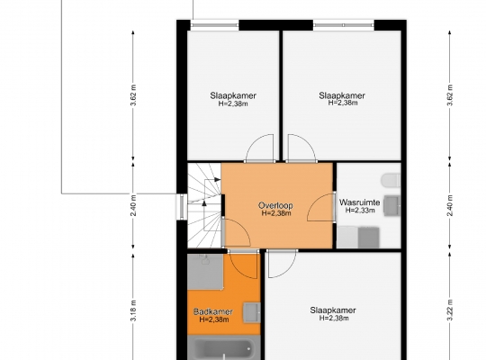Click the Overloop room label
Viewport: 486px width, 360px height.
[x=275, y=205]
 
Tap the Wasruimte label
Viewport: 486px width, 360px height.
[x=359, y=202]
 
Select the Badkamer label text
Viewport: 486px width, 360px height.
[x=213, y=311]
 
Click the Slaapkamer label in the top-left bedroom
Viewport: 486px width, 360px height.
[x=233, y=95]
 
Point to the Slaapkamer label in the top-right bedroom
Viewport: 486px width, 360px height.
[x=342, y=95]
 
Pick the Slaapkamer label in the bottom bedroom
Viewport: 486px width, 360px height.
[x=333, y=310]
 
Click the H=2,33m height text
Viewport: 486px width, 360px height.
[x=360, y=211]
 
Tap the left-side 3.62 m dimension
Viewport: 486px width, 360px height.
[x=133, y=94]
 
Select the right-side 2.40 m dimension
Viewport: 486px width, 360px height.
[x=450, y=205]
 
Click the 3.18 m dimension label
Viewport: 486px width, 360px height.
[x=133, y=310]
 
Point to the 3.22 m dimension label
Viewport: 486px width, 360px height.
[x=450, y=310]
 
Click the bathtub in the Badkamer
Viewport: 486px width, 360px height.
[x=224, y=348]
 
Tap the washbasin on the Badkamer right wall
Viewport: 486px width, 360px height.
[x=252, y=313]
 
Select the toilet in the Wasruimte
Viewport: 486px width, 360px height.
[x=391, y=181]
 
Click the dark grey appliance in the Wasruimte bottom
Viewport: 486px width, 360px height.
[x=368, y=238]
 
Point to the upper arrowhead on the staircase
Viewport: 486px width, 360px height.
[x=218, y=179]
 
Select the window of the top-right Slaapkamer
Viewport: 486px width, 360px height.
[x=344, y=25]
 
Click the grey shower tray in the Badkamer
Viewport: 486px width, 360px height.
[x=205, y=272]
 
